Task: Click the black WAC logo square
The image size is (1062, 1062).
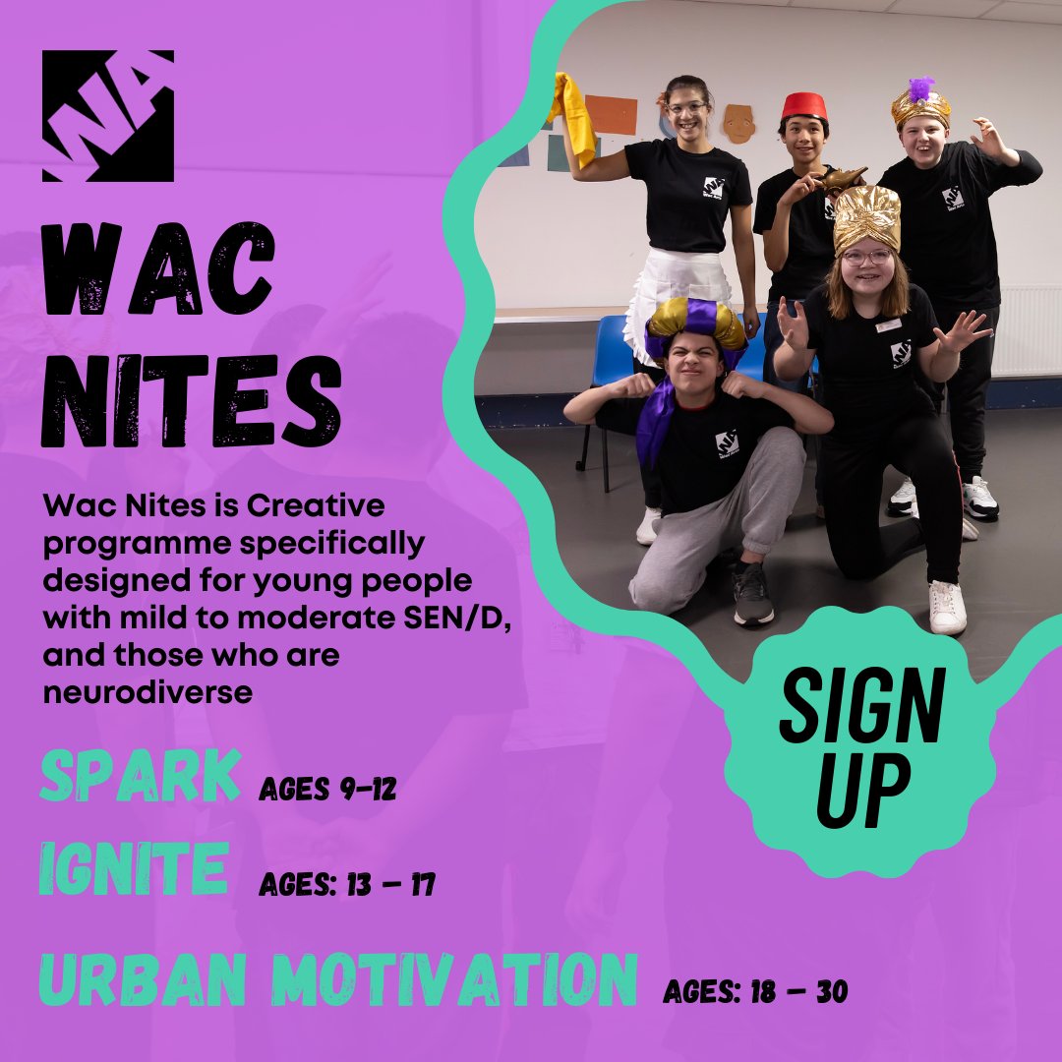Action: tap(108, 116)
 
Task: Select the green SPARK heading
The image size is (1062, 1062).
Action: tap(140, 778)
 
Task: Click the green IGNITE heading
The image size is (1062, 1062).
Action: tap(134, 870)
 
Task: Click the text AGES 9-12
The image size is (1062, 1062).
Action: tap(327, 789)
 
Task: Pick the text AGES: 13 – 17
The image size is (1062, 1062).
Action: tap(346, 885)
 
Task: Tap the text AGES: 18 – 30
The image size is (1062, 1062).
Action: tap(754, 992)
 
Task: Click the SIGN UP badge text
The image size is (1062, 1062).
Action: tap(861, 746)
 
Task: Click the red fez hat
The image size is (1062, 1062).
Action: tap(804, 106)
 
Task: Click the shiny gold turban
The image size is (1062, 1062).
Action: tap(866, 217)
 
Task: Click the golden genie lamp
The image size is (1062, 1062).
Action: tap(843, 180)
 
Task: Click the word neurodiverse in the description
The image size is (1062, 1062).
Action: tap(147, 692)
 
